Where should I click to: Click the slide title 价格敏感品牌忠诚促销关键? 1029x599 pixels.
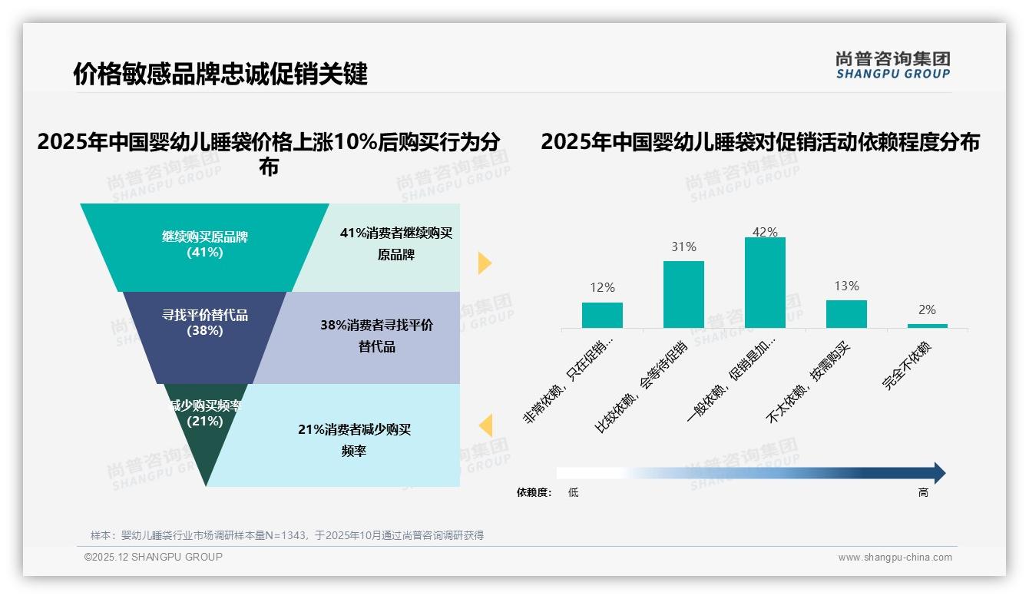[220, 74]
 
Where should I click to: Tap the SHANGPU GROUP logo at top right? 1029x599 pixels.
[892, 65]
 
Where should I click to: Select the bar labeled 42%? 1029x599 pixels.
[765, 283]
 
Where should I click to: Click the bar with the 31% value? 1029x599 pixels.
[683, 294]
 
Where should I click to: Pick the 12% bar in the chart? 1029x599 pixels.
[602, 315]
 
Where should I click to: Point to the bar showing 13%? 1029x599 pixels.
[846, 313]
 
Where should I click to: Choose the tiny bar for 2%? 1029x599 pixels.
[927, 326]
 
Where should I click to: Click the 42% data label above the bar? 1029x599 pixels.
[765, 232]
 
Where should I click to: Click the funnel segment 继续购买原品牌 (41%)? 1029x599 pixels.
[204, 244]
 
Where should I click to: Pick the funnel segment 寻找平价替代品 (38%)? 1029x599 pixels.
[204, 323]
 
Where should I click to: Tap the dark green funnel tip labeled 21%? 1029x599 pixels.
[205, 438]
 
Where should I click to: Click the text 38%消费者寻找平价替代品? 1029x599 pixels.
[376, 336]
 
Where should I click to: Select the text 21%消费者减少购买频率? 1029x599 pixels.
[354, 440]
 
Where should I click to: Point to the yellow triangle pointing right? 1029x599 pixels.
[484, 263]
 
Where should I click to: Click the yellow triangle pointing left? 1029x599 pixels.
[485, 425]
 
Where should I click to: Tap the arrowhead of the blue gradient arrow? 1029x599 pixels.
[938, 473]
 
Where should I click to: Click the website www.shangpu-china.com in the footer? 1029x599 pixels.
[895, 558]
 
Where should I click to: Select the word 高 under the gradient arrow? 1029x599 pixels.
[923, 493]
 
